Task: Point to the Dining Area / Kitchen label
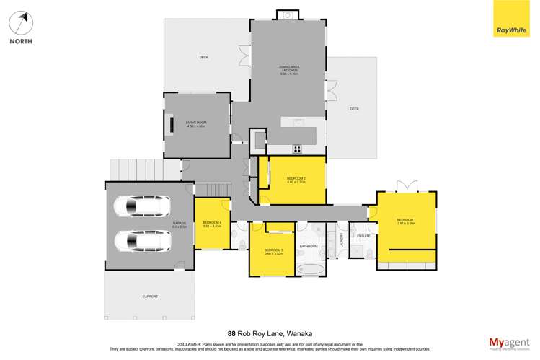click(x=288, y=70)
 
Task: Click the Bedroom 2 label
click(x=296, y=180)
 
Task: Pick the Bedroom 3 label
click(x=273, y=250)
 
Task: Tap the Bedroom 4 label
click(x=212, y=223)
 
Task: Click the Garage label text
click(x=180, y=224)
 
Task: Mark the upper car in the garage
click(x=141, y=208)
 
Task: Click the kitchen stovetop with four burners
click(x=297, y=149)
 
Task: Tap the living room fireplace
click(x=172, y=125)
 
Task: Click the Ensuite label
click(x=363, y=236)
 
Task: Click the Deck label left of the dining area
click(x=204, y=58)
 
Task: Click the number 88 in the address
click(x=231, y=334)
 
